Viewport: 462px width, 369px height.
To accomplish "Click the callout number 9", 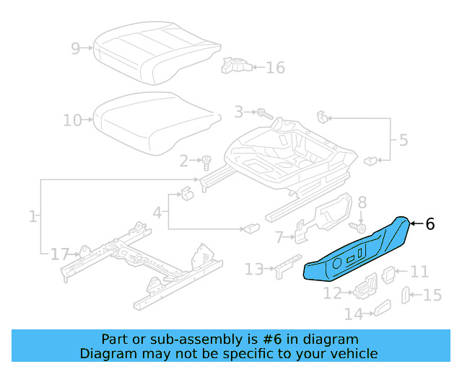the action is pos(76,48).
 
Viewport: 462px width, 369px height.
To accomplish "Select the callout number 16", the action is pos(275,68).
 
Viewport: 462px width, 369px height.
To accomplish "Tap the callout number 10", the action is pos(72,120).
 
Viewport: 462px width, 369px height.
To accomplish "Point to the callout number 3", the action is pos(239,112).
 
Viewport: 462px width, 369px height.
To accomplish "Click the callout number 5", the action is pos(403,139).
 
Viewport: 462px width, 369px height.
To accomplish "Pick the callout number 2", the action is pos(184,160).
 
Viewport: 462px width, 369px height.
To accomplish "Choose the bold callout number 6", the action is pos(430,224).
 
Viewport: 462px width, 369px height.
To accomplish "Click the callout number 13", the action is pos(254,269).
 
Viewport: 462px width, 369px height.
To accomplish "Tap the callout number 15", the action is pos(432,295).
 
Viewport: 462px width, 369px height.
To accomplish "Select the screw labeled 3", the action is pos(263,113).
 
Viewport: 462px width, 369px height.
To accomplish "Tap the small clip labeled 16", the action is pos(235,66).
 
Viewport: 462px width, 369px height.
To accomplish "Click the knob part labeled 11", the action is pos(388,273).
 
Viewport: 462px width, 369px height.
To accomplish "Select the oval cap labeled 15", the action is pos(406,295).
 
